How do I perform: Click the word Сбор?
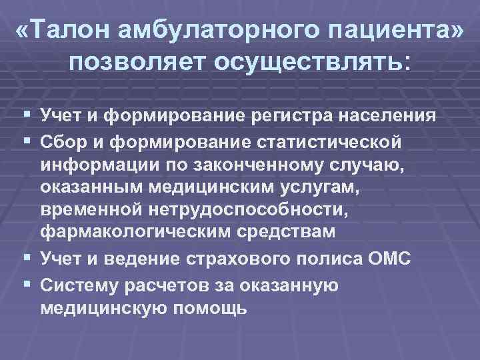[63, 143]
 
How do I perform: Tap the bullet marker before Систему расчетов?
[25, 285]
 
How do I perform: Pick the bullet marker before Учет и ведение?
[25, 258]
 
